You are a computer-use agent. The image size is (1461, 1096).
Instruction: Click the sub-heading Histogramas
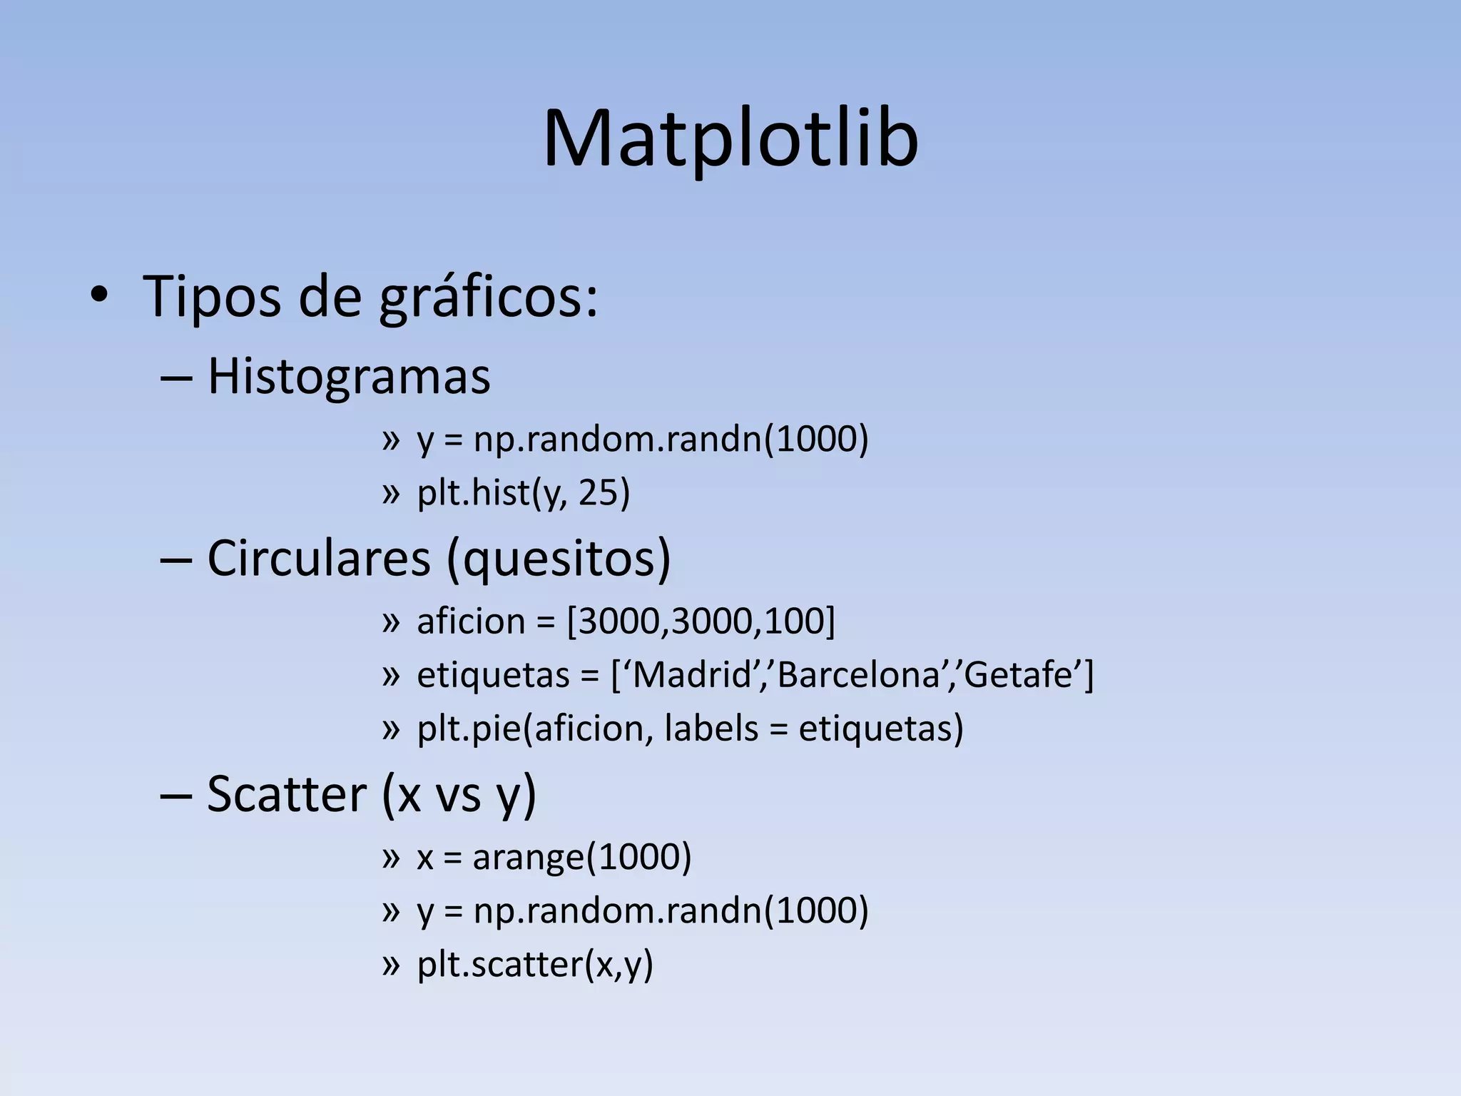349,377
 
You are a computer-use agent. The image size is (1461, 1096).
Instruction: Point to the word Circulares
319,558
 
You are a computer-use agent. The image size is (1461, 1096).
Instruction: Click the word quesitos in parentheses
559,559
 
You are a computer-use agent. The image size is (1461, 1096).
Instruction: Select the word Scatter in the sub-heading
286,794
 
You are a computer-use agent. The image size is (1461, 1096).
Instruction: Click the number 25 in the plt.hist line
598,493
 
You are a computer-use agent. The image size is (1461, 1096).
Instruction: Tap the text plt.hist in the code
473,493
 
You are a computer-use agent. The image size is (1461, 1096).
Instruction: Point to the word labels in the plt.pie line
711,729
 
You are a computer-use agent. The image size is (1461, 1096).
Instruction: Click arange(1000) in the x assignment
581,857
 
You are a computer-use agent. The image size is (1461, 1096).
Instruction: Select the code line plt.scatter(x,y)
535,965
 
